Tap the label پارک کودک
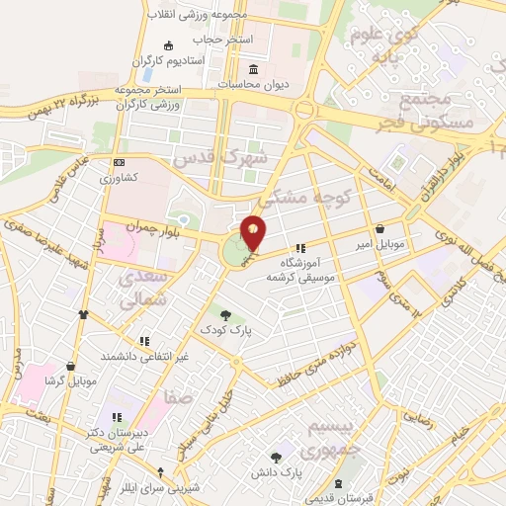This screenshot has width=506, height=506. pyautogui.click(x=226, y=331)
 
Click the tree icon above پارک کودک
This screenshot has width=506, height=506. pyautogui.click(x=226, y=315)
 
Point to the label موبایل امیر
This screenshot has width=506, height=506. pyautogui.click(x=379, y=242)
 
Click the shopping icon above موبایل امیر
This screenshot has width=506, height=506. pyautogui.click(x=379, y=227)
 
